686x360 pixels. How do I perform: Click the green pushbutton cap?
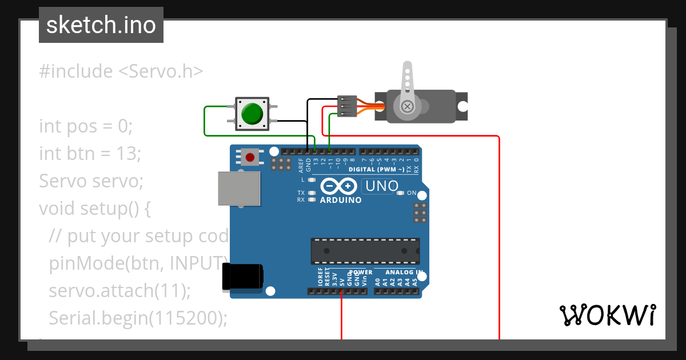tap(252, 113)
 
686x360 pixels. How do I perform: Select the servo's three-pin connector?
tap(347, 106)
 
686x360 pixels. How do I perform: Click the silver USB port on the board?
tap(239, 188)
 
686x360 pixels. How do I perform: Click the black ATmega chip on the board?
tap(365, 251)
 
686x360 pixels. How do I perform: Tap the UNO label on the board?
tap(381, 186)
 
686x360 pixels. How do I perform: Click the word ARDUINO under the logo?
tap(341, 201)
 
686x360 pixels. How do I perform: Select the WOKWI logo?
tap(607, 315)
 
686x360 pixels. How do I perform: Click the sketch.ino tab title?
tap(101, 25)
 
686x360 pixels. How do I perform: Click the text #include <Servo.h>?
tap(121, 71)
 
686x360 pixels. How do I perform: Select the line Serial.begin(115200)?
tap(138, 318)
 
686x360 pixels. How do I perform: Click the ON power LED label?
tap(412, 193)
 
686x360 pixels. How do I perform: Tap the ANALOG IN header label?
tap(404, 273)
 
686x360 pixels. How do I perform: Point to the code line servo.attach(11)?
tap(119, 290)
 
